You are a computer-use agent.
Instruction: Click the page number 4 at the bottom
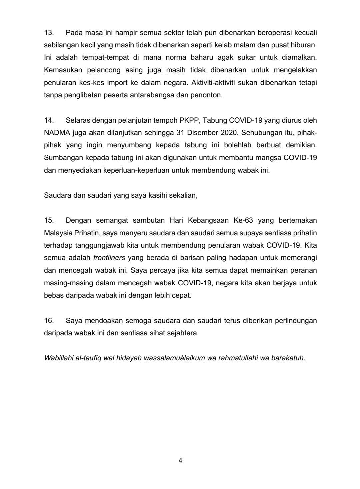180,461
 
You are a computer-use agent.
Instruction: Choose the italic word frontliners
109,258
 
